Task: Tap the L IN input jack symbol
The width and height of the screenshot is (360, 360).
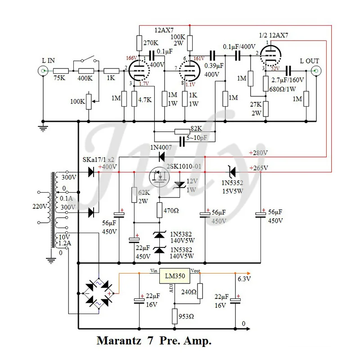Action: (44, 71)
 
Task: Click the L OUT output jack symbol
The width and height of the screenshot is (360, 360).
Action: (316, 71)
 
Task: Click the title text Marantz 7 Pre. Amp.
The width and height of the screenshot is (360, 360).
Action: (154, 341)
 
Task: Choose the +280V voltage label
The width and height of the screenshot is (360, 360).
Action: (258, 153)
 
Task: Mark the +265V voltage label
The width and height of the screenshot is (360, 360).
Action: (258, 168)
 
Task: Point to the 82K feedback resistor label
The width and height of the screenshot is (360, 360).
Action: (197, 128)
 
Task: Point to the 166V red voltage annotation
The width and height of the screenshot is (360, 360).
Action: (131, 58)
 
